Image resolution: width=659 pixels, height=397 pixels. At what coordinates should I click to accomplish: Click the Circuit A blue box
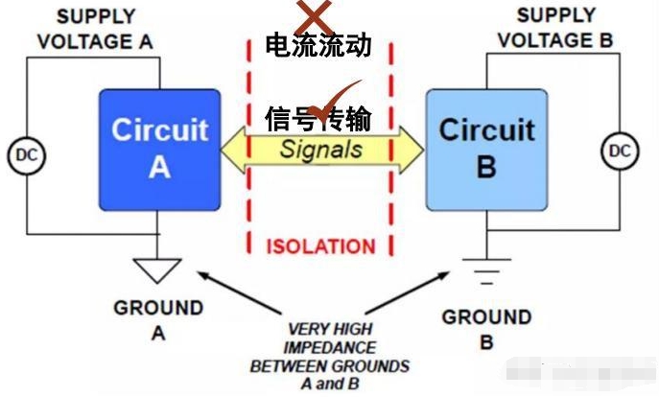159,149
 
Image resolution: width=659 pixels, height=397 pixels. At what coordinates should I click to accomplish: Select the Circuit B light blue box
485,149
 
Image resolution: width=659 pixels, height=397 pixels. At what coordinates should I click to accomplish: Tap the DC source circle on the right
621,151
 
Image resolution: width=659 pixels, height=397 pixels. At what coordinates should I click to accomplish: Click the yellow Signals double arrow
321,150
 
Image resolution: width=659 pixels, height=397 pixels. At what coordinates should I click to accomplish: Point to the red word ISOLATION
320,246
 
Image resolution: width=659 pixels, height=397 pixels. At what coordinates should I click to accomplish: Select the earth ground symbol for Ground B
485,271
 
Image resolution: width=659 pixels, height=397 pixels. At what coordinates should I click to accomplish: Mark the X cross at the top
313,13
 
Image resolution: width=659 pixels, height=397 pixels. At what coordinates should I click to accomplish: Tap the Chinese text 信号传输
318,117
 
